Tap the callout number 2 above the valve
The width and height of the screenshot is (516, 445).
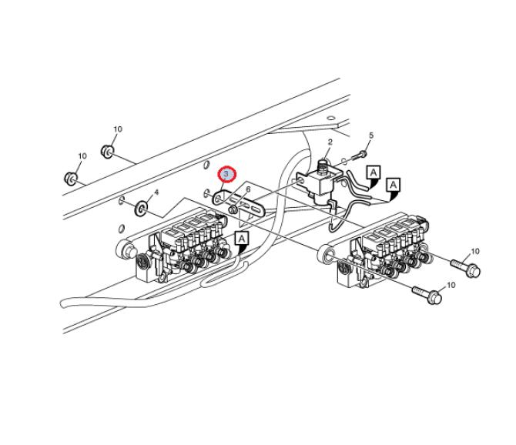point(330,142)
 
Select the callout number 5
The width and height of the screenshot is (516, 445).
point(371,136)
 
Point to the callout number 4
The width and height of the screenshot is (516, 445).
point(156,192)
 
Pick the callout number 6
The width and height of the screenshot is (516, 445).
point(248,189)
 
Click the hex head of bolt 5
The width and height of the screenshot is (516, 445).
point(363,153)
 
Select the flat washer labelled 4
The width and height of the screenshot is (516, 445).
point(141,208)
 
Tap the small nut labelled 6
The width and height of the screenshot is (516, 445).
point(233,209)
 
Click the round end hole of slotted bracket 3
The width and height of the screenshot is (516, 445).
point(218,199)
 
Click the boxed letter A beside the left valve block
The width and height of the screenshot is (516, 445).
point(242,238)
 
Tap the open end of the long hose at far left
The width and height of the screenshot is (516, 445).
point(64,303)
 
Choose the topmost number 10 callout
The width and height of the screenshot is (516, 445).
point(118,129)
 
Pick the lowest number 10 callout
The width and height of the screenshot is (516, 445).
point(451,285)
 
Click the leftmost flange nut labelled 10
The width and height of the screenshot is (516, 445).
point(70,178)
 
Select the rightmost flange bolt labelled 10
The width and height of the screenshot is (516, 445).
point(466,267)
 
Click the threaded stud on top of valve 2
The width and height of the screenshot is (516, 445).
point(323,166)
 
